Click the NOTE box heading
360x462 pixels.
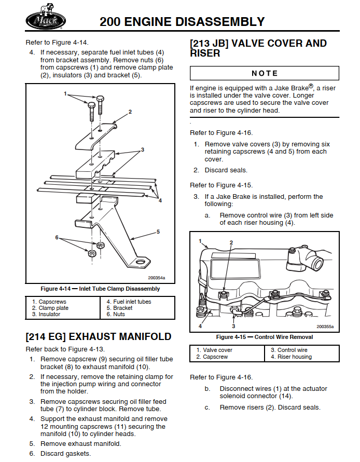[x=265, y=73]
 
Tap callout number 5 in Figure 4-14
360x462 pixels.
[x=158, y=232]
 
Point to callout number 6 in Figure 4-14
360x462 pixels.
[x=57, y=237]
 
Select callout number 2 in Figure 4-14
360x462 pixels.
[x=130, y=112]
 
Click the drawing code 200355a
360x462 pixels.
[x=325, y=327]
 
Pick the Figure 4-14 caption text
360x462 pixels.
[x=100, y=289]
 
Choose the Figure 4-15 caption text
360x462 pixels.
[x=265, y=337]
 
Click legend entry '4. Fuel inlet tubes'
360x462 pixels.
[x=129, y=302]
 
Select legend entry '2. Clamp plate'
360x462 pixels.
[x=50, y=308]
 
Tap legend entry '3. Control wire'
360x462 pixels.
[x=289, y=350]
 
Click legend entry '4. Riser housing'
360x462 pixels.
[x=291, y=357]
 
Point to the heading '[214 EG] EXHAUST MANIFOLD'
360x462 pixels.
[x=99, y=336]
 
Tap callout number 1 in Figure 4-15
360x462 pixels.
[x=200, y=241]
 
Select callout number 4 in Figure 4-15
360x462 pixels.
[x=200, y=326]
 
